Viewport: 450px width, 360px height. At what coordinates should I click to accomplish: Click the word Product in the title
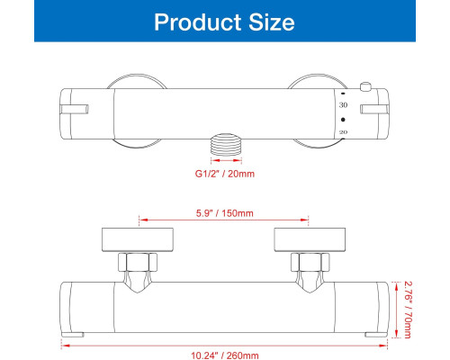(197, 22)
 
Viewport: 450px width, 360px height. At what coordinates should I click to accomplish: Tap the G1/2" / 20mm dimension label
(225, 174)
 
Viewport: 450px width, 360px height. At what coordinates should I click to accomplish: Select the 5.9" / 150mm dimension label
(225, 213)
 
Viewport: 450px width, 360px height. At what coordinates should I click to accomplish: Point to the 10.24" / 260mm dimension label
(225, 355)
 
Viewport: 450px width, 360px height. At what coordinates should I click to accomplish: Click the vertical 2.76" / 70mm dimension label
(408, 310)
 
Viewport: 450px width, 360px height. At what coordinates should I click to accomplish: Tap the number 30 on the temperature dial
(343, 104)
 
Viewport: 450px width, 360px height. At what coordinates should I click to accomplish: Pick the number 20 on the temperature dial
(343, 132)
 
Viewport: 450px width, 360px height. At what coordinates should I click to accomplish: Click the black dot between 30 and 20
(343, 120)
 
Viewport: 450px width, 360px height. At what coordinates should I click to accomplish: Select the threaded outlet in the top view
(226, 144)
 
